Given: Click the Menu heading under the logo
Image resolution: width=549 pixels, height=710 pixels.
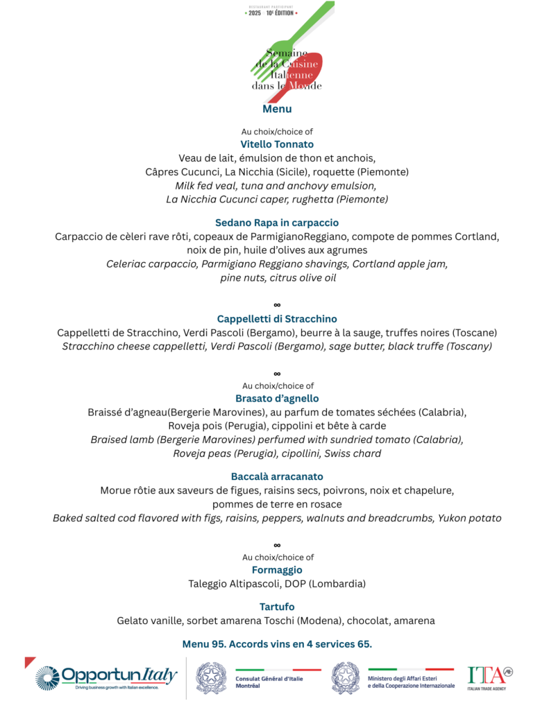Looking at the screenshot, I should pyautogui.click(x=277, y=110).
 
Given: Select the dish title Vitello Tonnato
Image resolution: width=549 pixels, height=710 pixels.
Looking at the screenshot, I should pyautogui.click(x=277, y=144).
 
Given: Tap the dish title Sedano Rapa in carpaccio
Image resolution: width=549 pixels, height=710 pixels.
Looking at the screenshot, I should pyautogui.click(x=277, y=223).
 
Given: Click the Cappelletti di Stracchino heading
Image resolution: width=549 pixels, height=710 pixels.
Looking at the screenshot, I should pyautogui.click(x=277, y=319).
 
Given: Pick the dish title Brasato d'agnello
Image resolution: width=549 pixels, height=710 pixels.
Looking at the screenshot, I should pyautogui.click(x=277, y=399).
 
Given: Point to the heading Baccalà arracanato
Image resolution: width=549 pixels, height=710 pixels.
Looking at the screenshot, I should pyautogui.click(x=277, y=477).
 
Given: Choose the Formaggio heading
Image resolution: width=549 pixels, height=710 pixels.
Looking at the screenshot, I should pyautogui.click(x=277, y=570).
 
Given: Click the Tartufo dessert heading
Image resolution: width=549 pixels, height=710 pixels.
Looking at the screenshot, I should pyautogui.click(x=277, y=607).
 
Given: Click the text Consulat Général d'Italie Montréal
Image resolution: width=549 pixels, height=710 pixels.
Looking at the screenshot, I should pyautogui.click(x=267, y=682).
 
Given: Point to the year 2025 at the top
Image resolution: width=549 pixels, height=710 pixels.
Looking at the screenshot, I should pyautogui.click(x=255, y=12).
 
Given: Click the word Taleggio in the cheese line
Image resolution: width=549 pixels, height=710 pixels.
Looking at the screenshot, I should pyautogui.click(x=209, y=584).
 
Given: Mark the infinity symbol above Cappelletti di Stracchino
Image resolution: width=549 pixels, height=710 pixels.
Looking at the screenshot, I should pyautogui.click(x=277, y=305).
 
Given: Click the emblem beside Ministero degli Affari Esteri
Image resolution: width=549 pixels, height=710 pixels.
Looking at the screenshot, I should pyautogui.click(x=346, y=677).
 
